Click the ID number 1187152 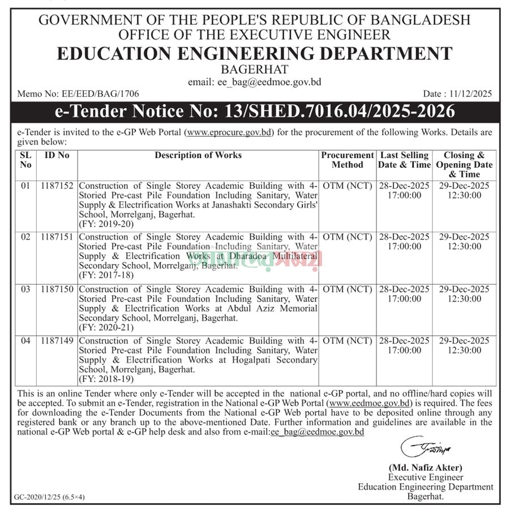(x=57, y=185)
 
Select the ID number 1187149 (x=57, y=341)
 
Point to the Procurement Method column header (x=348, y=160)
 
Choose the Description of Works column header (x=198, y=155)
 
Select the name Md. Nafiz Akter (x=425, y=468)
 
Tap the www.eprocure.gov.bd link (x=229, y=133)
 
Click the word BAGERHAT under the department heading (x=254, y=70)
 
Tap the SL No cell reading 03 (x=25, y=289)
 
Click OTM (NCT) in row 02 (x=348, y=237)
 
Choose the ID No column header (x=57, y=155)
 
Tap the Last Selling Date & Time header (x=404, y=160)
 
